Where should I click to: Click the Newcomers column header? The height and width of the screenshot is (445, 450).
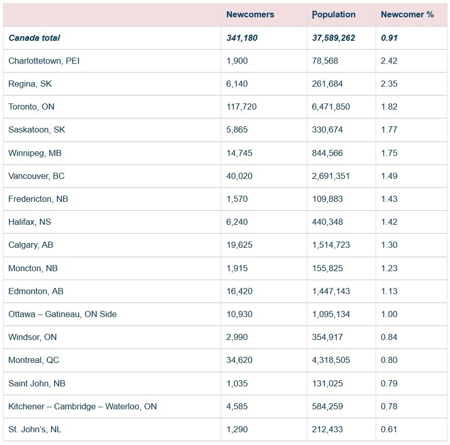(250, 14)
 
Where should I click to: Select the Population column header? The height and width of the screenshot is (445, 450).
(334, 15)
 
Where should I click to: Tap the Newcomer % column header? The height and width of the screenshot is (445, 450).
(407, 14)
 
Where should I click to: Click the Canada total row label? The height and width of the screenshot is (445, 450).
(34, 38)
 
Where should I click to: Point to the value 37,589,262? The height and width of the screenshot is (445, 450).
(333, 38)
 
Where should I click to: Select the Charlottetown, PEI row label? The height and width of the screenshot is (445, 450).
(44, 61)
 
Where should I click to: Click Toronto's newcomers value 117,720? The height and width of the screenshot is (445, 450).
(242, 107)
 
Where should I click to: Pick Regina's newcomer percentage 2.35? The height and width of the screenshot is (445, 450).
(389, 84)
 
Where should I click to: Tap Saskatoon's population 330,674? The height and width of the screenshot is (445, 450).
(328, 130)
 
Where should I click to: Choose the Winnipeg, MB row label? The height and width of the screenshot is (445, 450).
(35, 153)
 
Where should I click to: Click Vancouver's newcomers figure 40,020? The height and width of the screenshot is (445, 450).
(240, 176)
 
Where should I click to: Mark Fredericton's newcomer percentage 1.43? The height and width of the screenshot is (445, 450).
(389, 199)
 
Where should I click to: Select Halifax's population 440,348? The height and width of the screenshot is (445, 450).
(328, 222)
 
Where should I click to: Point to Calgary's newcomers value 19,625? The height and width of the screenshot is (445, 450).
(240, 245)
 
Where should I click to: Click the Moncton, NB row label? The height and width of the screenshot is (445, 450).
(33, 268)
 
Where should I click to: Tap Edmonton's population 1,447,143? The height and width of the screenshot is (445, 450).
(331, 291)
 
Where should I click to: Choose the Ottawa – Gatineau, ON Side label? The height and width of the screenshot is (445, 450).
(63, 314)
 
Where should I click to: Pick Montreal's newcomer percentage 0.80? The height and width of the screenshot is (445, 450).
(389, 360)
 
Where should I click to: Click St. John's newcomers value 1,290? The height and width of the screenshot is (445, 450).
(237, 430)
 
